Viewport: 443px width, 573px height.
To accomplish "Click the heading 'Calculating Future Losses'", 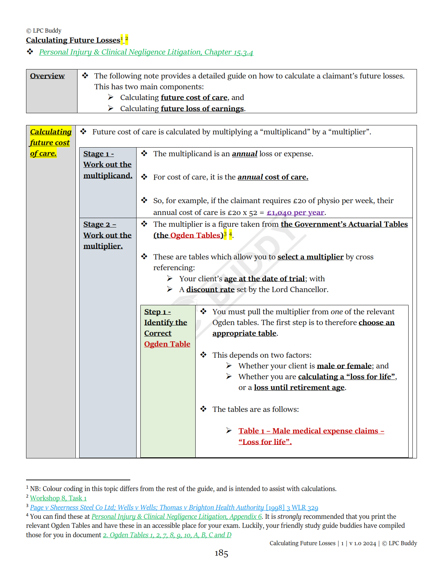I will point(73,40).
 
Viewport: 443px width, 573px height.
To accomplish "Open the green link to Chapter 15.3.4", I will point(146,52).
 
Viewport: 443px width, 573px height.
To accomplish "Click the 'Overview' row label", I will point(47,76).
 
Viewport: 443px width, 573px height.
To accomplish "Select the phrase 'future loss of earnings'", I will point(202,109).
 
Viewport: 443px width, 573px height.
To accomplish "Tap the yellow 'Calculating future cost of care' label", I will point(50,142).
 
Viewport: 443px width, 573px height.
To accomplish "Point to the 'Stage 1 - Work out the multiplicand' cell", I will point(108,165).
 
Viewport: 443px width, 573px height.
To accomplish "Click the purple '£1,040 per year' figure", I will point(295,213).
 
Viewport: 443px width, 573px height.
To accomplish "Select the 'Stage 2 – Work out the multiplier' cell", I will point(107,235).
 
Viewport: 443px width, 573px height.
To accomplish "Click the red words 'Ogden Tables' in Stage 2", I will point(196,235).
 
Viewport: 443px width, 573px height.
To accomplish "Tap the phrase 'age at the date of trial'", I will point(264,279).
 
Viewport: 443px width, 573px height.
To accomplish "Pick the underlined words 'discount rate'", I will point(210,290).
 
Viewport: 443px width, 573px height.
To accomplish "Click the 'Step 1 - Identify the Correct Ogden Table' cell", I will point(167,328).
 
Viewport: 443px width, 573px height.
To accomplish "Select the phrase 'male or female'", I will point(344,366).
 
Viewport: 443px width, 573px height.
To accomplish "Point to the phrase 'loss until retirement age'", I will point(299,388).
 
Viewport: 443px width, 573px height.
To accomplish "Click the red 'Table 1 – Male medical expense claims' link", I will point(311,431).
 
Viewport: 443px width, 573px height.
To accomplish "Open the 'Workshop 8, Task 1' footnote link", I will point(58,498).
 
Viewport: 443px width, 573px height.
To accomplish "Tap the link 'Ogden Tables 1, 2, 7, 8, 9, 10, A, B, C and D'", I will point(167,535).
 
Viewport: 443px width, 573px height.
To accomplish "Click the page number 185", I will point(221,553).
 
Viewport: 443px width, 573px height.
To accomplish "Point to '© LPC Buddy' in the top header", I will point(44,31).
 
